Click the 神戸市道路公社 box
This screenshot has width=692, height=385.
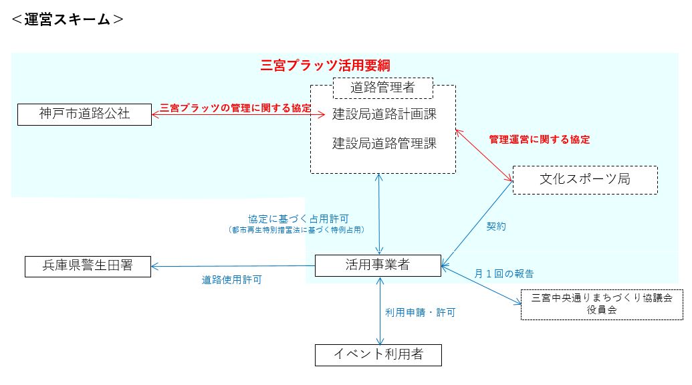[84, 114]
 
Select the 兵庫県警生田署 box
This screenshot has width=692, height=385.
[88, 266]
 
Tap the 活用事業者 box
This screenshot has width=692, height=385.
[378, 265]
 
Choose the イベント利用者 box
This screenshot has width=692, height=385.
[378, 354]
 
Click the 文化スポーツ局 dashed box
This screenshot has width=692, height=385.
[584, 179]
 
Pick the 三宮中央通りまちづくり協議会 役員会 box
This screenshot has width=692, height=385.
[592, 303]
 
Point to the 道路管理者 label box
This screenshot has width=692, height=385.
[383, 87]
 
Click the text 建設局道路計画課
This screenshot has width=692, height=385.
[384, 114]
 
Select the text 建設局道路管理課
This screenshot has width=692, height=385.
[384, 142]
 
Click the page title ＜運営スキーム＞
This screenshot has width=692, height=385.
[67, 19]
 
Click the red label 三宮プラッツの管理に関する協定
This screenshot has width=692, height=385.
[235, 108]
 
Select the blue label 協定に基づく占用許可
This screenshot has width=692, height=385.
[298, 219]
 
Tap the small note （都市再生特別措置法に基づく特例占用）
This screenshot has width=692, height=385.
[298, 230]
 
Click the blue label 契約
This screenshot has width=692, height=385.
[497, 227]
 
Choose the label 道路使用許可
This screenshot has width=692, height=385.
[231, 281]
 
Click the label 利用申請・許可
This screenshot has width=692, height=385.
[420, 312]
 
